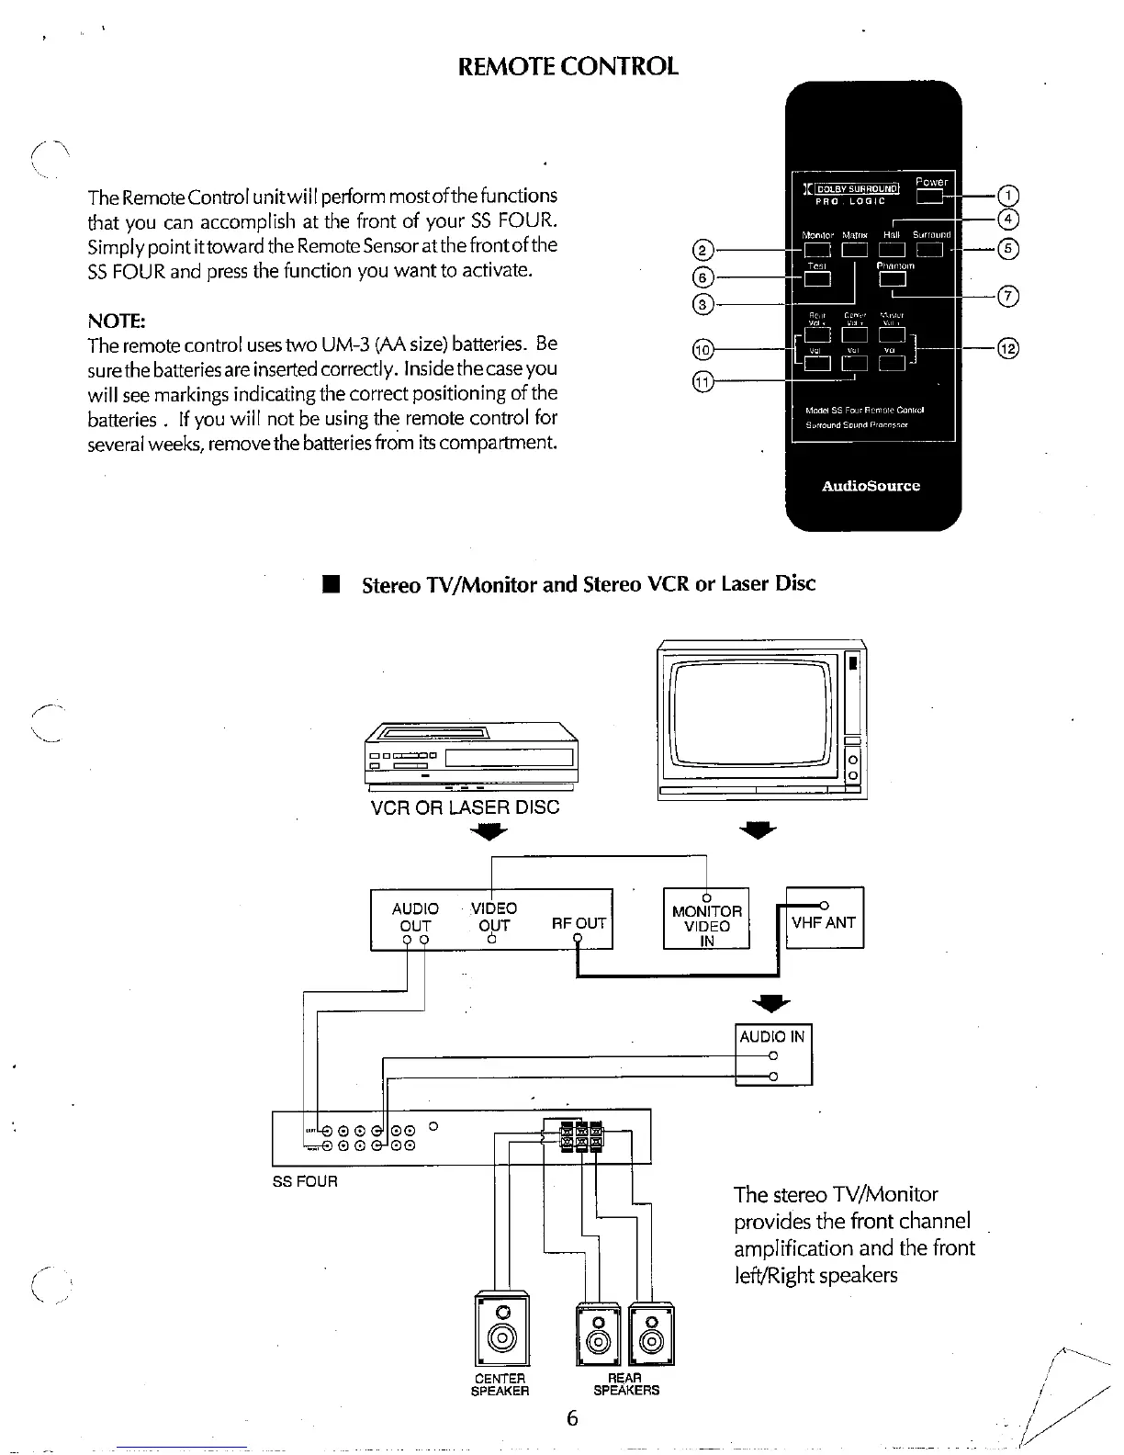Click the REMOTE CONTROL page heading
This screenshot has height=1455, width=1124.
tap(568, 66)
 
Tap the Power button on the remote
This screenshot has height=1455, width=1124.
tap(930, 196)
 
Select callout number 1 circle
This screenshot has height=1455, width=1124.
tap(1007, 196)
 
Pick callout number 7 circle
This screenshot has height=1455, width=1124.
tap(1007, 296)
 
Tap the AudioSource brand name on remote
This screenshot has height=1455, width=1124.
tap(871, 486)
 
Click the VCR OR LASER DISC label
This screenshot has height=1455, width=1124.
tap(465, 807)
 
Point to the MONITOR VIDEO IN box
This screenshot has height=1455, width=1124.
tap(706, 919)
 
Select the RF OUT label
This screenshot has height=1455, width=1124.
tap(579, 923)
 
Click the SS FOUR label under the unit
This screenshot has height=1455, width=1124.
tap(305, 1181)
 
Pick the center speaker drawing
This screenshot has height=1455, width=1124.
tap(501, 1328)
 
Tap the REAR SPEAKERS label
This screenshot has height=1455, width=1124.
tap(625, 1384)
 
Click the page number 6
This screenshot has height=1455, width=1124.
tap(571, 1418)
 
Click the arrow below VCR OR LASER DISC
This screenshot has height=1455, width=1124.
tap(489, 832)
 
